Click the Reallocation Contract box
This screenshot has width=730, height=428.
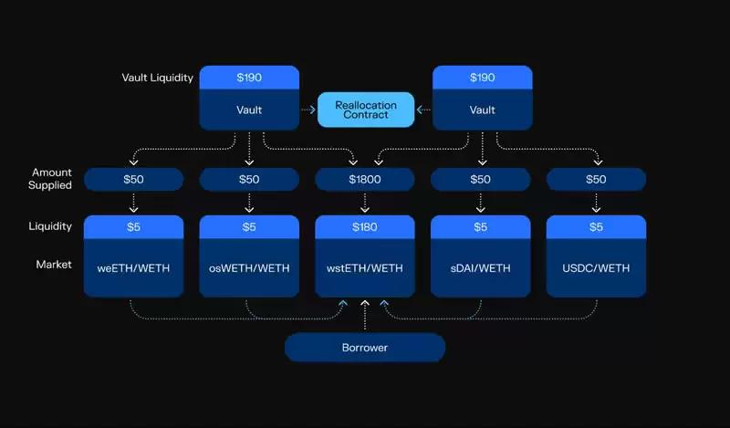click(x=365, y=110)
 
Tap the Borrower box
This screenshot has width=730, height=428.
click(x=365, y=347)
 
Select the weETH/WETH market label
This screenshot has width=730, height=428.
click(x=133, y=267)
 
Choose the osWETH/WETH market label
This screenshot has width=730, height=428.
click(x=249, y=267)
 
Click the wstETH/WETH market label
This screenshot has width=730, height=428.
click(x=365, y=267)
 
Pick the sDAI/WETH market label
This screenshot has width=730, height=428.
click(x=481, y=267)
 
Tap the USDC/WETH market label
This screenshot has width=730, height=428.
click(x=596, y=267)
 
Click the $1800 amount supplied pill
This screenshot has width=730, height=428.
click(x=365, y=179)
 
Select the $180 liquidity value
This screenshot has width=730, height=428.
click(x=365, y=226)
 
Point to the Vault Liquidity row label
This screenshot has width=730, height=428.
click(x=157, y=78)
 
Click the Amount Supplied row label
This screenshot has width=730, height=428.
click(x=51, y=178)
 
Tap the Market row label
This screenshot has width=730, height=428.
click(x=54, y=264)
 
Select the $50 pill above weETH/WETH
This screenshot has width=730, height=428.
click(x=133, y=179)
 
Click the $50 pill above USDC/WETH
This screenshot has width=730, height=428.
click(x=596, y=179)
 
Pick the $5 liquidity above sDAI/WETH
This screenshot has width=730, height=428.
click(x=481, y=226)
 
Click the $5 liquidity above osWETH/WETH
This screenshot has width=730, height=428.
click(x=249, y=226)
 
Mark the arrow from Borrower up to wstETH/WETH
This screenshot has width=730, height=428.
click(x=365, y=315)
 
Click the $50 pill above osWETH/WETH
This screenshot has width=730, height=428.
click(x=249, y=179)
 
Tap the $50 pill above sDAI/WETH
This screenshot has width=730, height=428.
click(x=481, y=179)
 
